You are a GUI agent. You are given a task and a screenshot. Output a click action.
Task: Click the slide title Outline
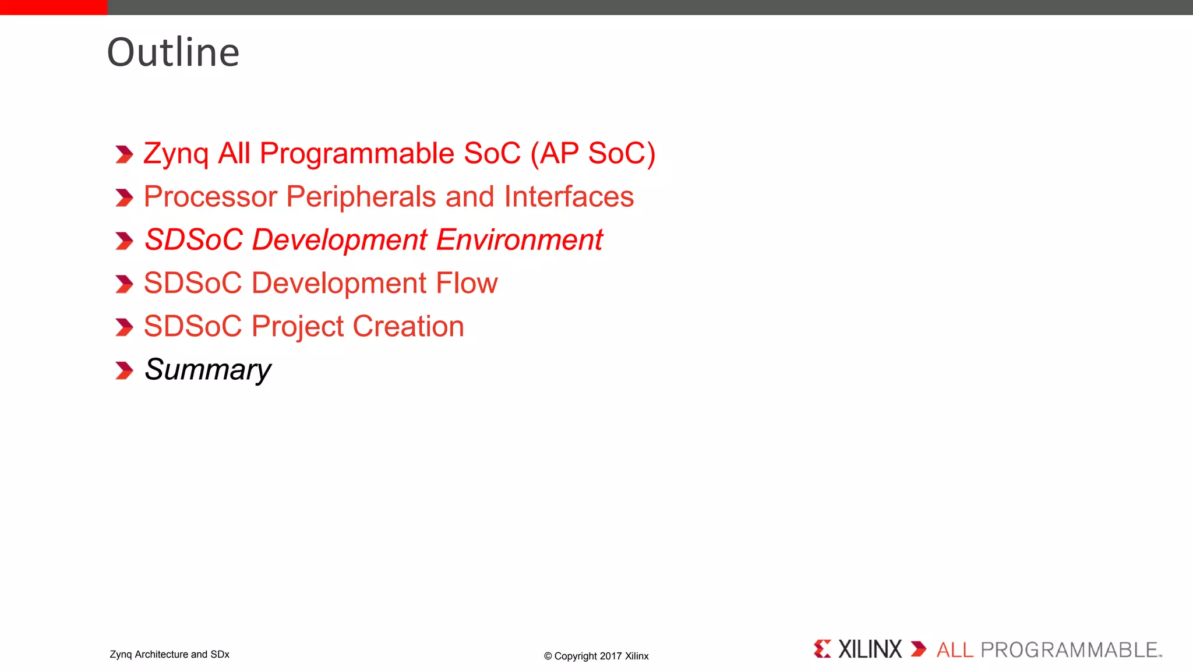(173, 52)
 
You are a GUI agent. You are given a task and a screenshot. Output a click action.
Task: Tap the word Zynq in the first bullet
(175, 154)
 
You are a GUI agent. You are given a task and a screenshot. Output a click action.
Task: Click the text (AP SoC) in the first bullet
(592, 154)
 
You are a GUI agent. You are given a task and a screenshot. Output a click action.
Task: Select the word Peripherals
(361, 197)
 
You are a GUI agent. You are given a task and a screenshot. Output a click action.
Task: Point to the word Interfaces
(569, 197)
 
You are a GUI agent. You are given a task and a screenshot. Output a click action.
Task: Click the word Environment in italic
(519, 240)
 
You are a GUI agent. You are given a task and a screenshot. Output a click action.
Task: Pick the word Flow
(467, 283)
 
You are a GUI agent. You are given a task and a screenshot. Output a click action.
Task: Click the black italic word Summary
(207, 370)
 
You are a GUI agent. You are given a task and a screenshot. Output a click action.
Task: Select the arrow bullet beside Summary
(124, 370)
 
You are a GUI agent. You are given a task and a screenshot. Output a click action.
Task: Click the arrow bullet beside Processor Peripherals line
(124, 197)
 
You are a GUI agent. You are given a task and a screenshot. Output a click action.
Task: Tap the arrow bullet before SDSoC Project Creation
(124, 327)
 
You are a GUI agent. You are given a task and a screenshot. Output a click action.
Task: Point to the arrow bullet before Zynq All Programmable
(124, 154)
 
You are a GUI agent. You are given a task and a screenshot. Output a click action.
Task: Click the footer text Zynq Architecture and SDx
(170, 654)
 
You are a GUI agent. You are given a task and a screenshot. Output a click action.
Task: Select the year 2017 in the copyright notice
(610, 656)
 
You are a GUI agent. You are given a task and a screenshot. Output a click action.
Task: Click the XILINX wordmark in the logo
(869, 649)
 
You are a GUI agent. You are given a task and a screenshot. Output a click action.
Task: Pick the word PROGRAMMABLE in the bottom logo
(1070, 650)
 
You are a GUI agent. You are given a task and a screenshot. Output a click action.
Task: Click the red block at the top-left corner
(54, 7)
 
